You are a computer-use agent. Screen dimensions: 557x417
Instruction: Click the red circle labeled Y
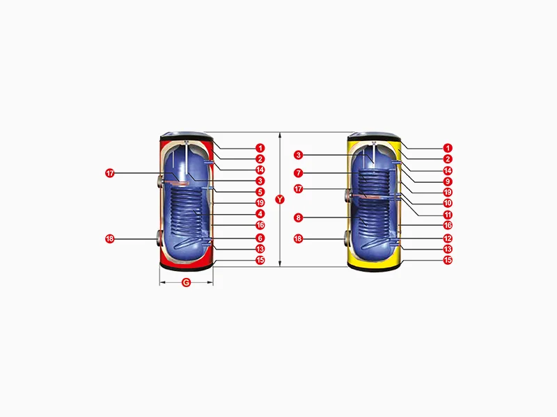(x=280, y=199)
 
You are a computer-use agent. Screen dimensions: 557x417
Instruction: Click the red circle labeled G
(x=186, y=283)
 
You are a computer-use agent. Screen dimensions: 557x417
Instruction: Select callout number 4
(x=260, y=214)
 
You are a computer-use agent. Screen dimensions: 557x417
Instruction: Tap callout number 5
(x=260, y=192)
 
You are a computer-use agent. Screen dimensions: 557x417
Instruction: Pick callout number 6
(x=260, y=238)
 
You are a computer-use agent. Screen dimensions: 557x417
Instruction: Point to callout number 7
(x=299, y=173)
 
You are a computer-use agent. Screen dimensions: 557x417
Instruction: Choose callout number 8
(x=299, y=218)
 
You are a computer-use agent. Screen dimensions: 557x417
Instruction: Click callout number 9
(x=448, y=181)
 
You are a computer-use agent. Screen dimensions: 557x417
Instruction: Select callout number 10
(x=448, y=203)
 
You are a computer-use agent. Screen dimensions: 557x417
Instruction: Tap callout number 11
(x=448, y=215)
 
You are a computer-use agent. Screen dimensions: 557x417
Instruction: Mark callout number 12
(x=448, y=238)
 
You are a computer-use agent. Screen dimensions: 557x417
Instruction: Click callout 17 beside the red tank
(x=110, y=173)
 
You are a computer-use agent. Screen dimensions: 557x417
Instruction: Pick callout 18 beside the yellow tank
(x=298, y=238)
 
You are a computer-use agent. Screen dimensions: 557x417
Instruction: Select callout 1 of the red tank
(x=260, y=148)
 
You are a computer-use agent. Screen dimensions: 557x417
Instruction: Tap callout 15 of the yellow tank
(x=448, y=260)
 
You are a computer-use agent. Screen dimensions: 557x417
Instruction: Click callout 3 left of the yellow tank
(x=299, y=155)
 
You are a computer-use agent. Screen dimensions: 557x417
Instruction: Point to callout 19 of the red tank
(x=260, y=203)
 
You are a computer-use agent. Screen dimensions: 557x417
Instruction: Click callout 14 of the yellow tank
(x=448, y=170)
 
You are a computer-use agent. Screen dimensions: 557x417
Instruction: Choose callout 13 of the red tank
(x=260, y=249)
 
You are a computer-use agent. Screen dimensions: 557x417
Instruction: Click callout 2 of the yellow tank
(x=448, y=159)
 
